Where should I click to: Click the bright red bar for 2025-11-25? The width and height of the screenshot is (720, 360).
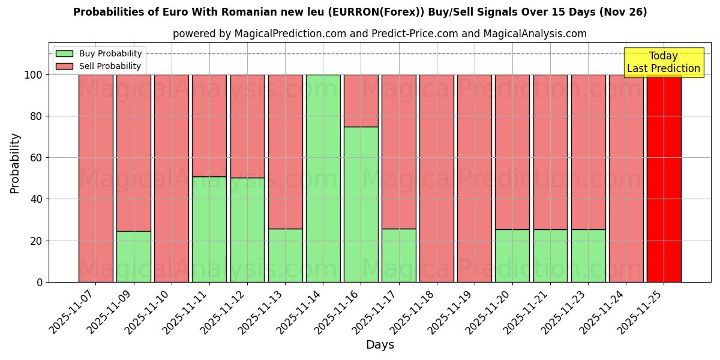tap(664, 178)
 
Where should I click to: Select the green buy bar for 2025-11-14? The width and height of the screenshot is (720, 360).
tap(323, 178)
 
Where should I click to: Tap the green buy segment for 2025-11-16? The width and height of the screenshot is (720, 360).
tap(361, 204)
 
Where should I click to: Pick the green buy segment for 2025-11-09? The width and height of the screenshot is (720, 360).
tap(133, 256)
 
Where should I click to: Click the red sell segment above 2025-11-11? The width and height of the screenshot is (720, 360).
tap(209, 125)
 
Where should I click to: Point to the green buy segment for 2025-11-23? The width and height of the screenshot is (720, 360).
tap(588, 256)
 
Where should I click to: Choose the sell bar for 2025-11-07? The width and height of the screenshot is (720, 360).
tap(95, 178)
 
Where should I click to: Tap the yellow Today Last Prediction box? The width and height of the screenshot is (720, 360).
tap(663, 62)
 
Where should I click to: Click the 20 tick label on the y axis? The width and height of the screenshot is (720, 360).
tap(38, 241)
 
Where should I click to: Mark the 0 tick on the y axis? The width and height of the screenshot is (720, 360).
tap(40, 282)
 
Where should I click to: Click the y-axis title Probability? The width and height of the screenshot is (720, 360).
tap(15, 163)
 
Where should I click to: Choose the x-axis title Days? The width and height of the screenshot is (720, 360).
tap(380, 345)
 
